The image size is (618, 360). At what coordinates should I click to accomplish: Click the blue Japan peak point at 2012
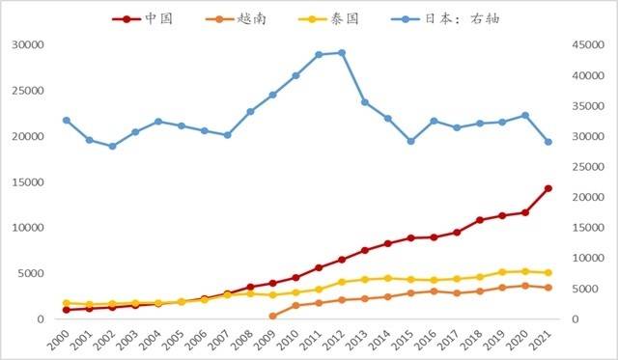(342, 53)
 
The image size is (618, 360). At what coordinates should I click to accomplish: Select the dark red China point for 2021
(548, 188)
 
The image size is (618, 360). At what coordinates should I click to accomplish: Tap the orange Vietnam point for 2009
(272, 316)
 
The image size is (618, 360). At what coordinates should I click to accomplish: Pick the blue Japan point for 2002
(112, 146)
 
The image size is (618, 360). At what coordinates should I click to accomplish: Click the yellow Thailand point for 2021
(548, 273)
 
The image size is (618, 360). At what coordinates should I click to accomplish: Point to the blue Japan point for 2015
(410, 141)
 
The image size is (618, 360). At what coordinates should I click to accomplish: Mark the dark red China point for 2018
(480, 220)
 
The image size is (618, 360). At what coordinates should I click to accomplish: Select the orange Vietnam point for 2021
(548, 288)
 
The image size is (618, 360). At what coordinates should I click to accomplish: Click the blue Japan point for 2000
(66, 121)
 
